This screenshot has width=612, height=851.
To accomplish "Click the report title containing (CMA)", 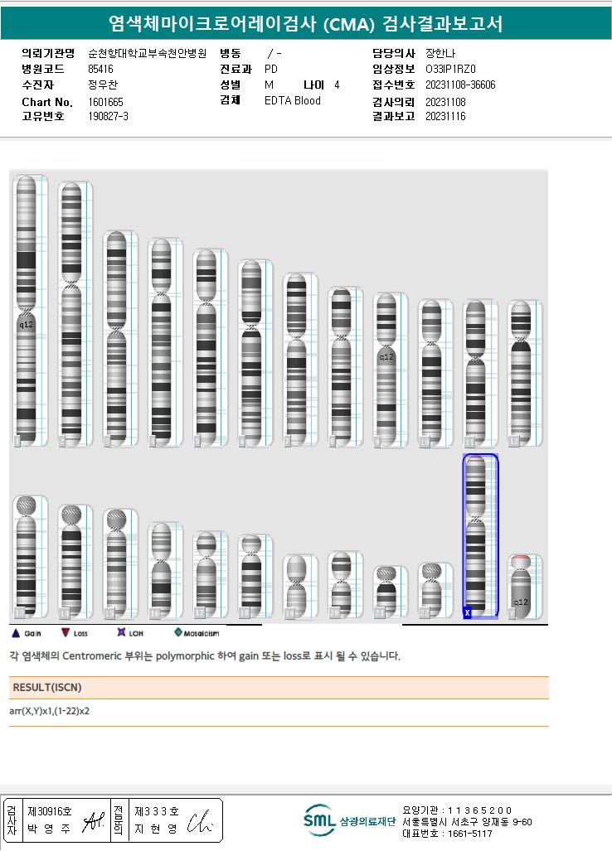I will (x=305, y=23).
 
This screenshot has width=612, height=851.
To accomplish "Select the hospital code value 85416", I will (x=100, y=69).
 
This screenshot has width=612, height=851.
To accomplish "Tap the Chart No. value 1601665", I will (x=105, y=102).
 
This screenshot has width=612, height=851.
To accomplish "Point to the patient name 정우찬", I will (x=103, y=85).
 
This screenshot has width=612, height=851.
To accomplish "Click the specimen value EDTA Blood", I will (x=292, y=101).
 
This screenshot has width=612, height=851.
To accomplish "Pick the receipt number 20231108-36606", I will (x=460, y=85).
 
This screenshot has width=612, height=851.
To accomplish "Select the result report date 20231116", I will (x=445, y=117).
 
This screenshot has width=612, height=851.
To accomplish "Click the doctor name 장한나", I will (x=440, y=53).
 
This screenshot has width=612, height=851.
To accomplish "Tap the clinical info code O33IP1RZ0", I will (x=450, y=69).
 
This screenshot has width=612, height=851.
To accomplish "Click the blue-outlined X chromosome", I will (x=480, y=535).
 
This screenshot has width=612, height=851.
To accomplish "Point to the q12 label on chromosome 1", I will (x=26, y=325).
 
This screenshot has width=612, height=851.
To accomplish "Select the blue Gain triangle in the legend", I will (x=14, y=633).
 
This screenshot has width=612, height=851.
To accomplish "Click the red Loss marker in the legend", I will (x=66, y=633).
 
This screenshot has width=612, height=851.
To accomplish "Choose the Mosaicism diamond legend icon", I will (x=178, y=633).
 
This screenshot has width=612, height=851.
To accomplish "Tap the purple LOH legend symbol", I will (x=121, y=633).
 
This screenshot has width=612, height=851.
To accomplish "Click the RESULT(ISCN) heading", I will (x=47, y=687).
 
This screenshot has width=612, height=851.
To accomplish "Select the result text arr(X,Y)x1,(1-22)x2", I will (x=50, y=711).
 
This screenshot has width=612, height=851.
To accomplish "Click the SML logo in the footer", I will (x=319, y=820).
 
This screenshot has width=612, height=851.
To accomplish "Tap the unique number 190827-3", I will (x=108, y=117).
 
